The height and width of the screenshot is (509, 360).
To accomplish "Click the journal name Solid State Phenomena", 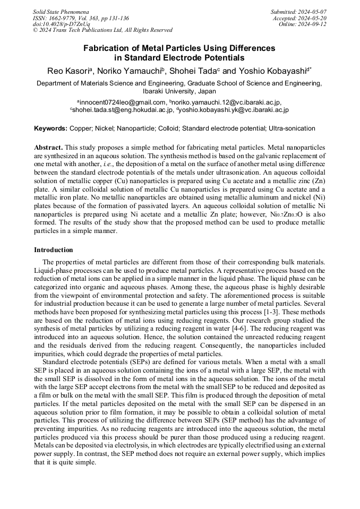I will pos(61,11).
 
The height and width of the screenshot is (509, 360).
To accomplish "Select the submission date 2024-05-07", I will pos(311,11).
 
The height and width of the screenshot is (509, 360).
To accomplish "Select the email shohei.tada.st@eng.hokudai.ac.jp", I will pos(123,110).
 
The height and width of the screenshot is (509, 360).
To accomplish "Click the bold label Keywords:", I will pos(50,128).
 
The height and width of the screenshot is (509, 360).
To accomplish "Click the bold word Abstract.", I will pos(48,146).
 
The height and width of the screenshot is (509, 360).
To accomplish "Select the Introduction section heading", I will pos(54,249).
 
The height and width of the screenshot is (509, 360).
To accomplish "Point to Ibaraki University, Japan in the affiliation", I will pos(179,91).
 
